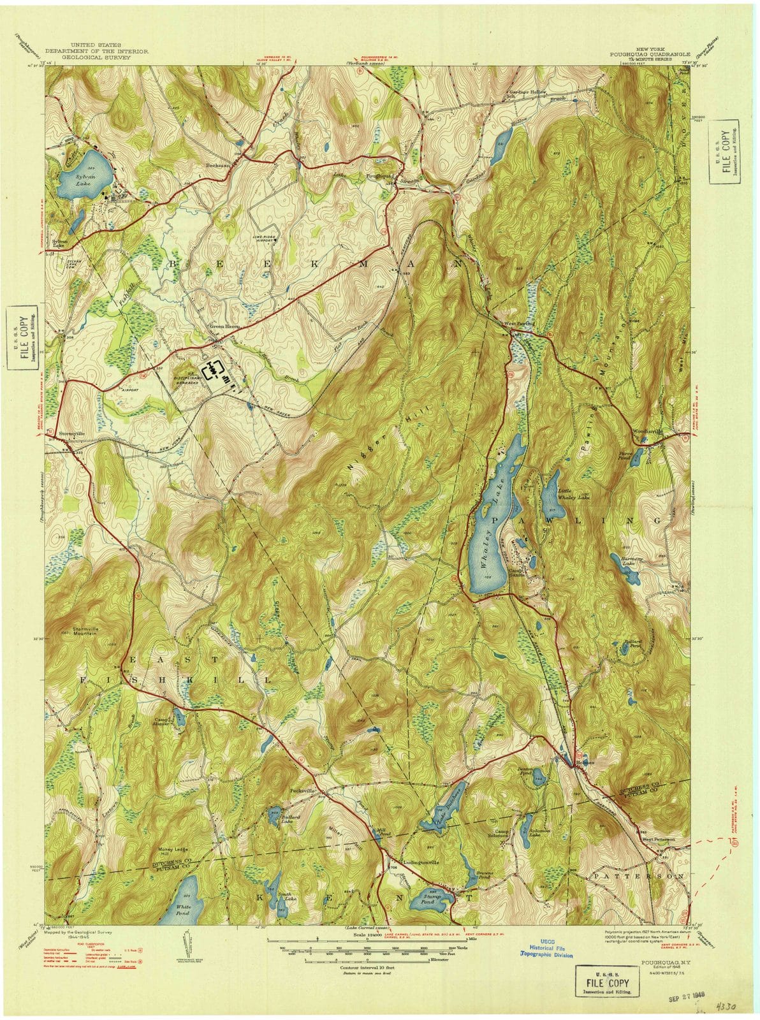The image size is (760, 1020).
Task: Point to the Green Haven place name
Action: point(224,326)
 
